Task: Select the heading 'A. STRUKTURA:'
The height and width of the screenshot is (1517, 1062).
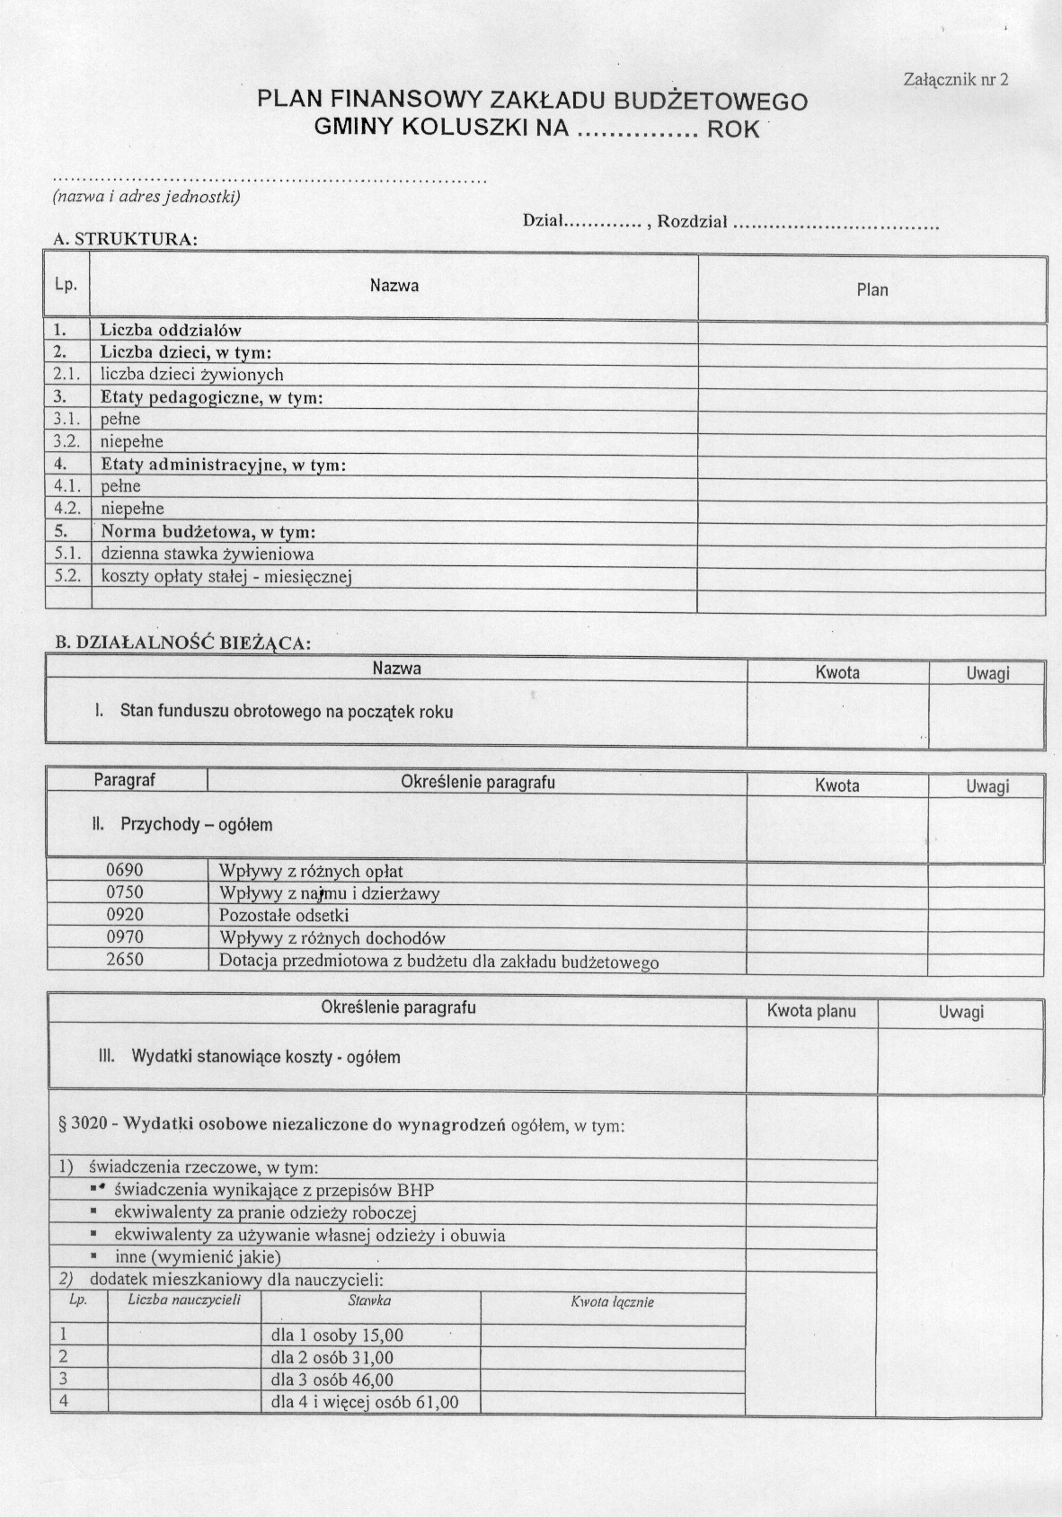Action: [125, 239]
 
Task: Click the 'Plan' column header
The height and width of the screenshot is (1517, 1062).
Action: [872, 289]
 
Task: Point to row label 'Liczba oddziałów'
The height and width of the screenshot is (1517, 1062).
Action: [171, 330]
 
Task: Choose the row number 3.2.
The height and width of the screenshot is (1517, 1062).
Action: [66, 441]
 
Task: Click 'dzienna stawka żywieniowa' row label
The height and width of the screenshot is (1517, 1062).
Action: [207, 554]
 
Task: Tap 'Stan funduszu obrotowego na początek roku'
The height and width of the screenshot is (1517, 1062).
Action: [286, 712]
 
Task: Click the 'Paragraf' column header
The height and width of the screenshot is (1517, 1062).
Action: [125, 780]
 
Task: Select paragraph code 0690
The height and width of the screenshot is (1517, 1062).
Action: [125, 870]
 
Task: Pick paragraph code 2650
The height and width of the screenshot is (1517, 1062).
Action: [125, 959]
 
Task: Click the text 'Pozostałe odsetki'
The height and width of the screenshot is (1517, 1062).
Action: [284, 916]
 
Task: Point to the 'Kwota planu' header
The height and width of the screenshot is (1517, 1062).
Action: [811, 1011]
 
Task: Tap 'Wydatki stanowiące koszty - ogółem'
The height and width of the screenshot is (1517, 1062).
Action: [265, 1057]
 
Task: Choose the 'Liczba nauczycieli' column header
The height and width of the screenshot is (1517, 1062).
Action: [184, 1300]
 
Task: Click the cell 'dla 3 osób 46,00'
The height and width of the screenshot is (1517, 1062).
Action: [332, 1379]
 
